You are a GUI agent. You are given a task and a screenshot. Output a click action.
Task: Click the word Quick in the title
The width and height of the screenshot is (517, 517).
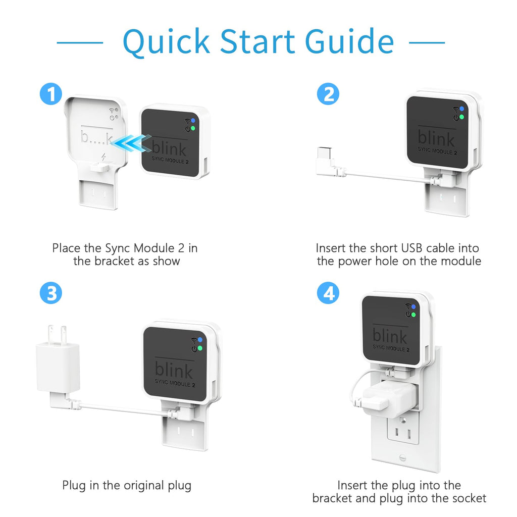(x=167, y=41)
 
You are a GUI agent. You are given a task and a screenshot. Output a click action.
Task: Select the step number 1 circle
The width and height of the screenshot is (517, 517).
(x=51, y=94)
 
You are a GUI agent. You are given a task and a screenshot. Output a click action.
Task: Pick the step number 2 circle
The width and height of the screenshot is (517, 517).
(x=328, y=94)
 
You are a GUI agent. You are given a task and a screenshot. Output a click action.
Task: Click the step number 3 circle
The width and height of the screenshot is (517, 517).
(x=51, y=293)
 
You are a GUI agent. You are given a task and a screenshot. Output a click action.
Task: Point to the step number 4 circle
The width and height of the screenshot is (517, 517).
(x=328, y=293)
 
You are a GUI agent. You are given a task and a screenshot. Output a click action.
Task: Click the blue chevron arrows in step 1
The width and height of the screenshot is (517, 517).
(x=131, y=143)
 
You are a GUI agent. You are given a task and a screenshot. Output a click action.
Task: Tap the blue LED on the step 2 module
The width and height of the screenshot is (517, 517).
(x=461, y=109)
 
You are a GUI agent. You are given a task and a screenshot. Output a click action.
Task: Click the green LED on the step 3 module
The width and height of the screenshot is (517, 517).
(x=199, y=348)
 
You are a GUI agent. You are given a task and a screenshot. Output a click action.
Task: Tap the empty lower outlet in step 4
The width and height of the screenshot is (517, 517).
(x=402, y=432)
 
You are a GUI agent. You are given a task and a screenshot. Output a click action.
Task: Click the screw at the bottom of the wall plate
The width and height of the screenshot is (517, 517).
(x=402, y=457)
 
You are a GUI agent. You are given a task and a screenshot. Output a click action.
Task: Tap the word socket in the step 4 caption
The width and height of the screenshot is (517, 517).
(x=469, y=498)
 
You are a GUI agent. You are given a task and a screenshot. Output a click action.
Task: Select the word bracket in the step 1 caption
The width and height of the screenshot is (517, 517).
(x=115, y=261)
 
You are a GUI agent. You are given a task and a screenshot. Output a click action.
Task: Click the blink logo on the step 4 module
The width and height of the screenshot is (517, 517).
(x=389, y=336)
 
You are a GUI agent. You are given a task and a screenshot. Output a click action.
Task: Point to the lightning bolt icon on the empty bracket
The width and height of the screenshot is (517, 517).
(x=104, y=157)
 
